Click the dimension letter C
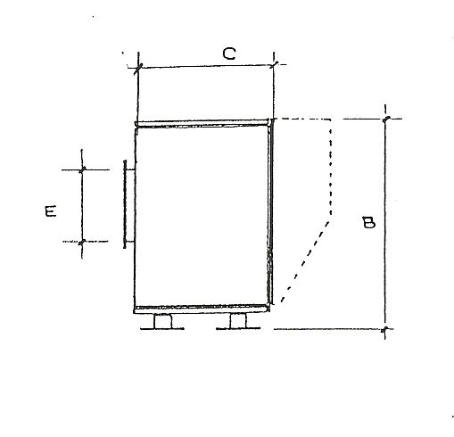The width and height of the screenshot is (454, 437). pos(229,54)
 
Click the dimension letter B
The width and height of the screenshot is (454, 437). pos(369,222)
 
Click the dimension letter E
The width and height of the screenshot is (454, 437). pos(51,210)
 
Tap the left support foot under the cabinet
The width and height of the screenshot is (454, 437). pos(162,322)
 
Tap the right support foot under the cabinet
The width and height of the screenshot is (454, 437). pos(238,321)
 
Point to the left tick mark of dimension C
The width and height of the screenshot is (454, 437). pos(138,68)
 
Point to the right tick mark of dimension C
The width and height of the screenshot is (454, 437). pos(274,64)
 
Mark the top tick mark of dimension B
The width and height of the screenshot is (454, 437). pos(385,119)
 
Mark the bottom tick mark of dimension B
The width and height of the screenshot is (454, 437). pos(385,329)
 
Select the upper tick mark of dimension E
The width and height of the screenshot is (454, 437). pos(82,169)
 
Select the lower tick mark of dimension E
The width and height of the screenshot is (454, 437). pos(82,242)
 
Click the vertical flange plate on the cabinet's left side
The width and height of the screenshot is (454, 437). pos(125,204)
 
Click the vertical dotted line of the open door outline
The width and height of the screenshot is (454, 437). pos(331,167)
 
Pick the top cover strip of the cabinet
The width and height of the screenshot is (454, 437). pos(202,123)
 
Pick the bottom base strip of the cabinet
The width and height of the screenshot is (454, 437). pos(202,309)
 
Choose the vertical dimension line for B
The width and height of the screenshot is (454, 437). pos(385,222)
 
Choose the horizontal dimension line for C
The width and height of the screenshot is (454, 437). pos(206,66)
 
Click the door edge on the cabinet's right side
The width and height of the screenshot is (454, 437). pos(270,211)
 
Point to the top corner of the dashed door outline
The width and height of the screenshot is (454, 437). pos(331,120)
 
